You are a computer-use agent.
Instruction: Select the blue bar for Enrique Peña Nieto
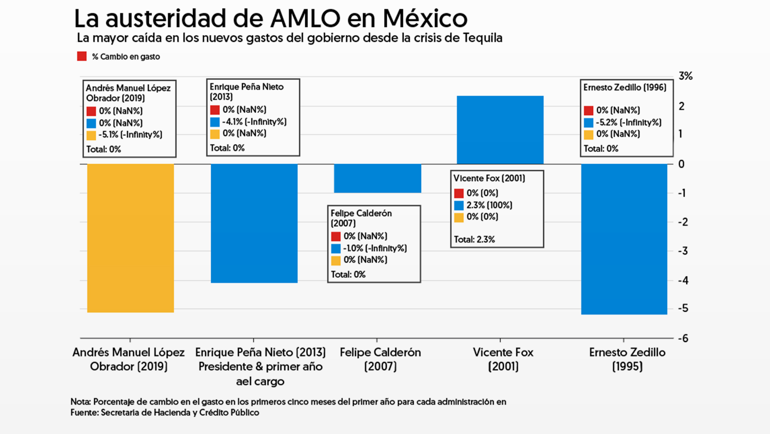[x=254, y=223]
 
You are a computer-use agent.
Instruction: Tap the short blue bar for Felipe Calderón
[x=377, y=178]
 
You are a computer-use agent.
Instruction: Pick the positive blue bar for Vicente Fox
[x=500, y=130]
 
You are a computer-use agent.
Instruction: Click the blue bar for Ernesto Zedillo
[x=624, y=239]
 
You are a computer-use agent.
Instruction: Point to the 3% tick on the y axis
[x=685, y=76]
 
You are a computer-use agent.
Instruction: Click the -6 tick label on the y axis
[x=683, y=338]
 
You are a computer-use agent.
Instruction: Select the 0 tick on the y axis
[x=681, y=164]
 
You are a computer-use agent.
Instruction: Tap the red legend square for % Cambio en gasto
[x=82, y=56]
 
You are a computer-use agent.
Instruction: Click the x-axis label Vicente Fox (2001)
[x=503, y=359]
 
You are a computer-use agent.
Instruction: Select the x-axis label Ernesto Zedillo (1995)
[x=627, y=359]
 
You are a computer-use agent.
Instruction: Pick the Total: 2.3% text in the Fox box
[x=474, y=239]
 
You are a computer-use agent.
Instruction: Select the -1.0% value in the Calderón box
[x=353, y=248]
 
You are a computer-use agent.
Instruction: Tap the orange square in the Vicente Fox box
[x=459, y=217]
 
